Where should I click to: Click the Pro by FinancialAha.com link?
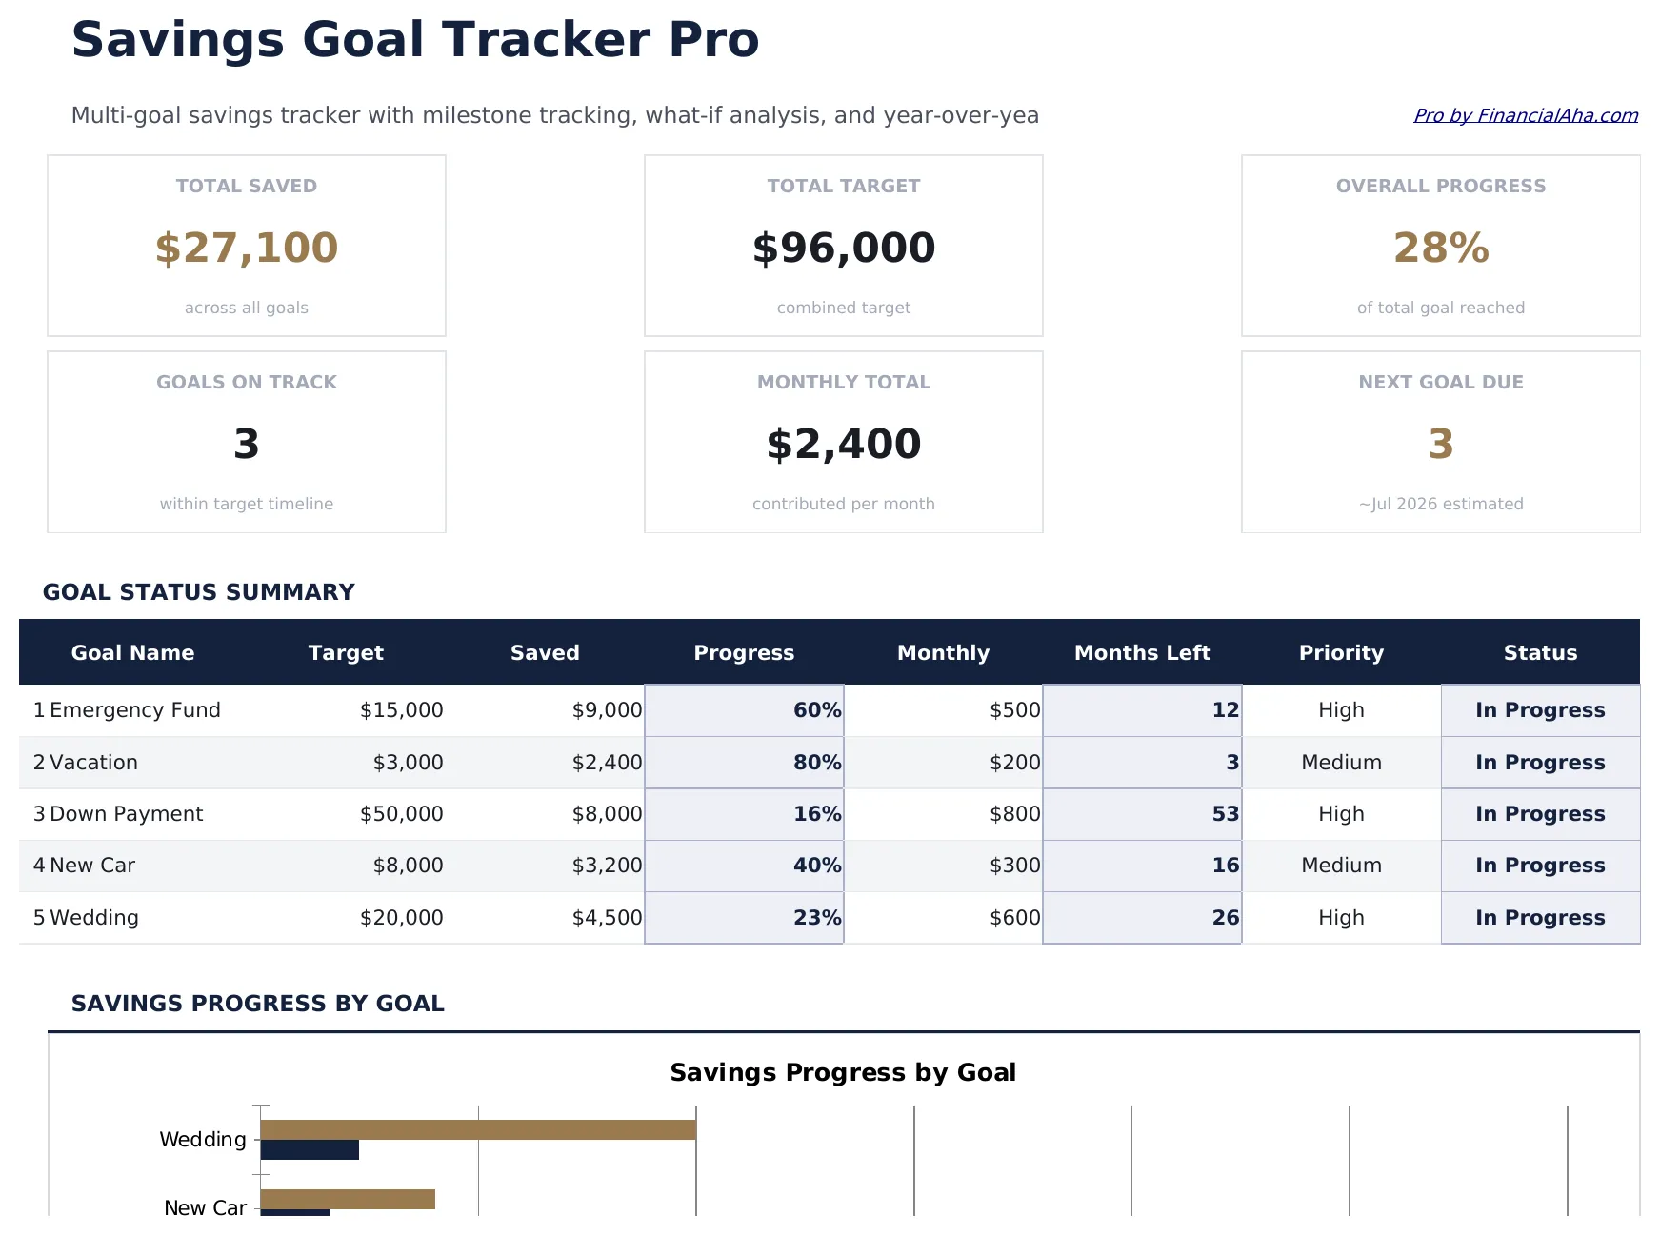1525,115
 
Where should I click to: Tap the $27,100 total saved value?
247,248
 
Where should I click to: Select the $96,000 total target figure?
843,248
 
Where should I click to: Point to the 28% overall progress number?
1440,248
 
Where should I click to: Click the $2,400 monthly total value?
843,444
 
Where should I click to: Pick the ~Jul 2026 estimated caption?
1440,504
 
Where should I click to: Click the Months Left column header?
1141,652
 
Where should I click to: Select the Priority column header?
1340,652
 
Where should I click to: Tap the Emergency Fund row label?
134,710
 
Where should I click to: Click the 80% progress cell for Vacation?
816,763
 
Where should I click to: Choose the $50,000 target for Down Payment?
401,814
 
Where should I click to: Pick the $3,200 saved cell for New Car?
607,866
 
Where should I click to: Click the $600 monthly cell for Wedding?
1014,918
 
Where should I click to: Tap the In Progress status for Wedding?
1539,918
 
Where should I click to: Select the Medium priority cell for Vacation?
1340,763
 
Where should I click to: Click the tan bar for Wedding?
477,1129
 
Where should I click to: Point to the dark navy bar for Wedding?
310,1149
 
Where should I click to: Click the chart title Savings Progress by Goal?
842,1072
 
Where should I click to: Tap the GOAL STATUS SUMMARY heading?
198,592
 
